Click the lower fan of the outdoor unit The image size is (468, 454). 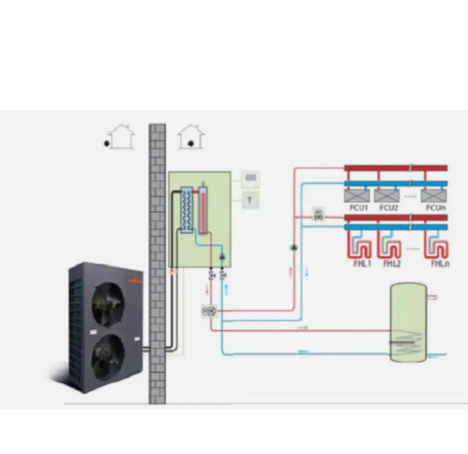pos(108,355)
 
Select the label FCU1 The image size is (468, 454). pos(358,209)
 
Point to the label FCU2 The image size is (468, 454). pos(389,209)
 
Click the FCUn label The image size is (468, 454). pos(436,209)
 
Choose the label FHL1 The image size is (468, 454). pos(361,264)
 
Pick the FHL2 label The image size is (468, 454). pos(392,264)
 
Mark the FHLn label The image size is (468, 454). pos(440,264)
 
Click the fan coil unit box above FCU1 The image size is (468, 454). pos(357,195)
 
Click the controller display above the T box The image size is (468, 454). pos(250,179)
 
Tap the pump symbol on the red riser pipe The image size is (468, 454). pos(294,248)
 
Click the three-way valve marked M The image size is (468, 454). pos(209,311)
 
